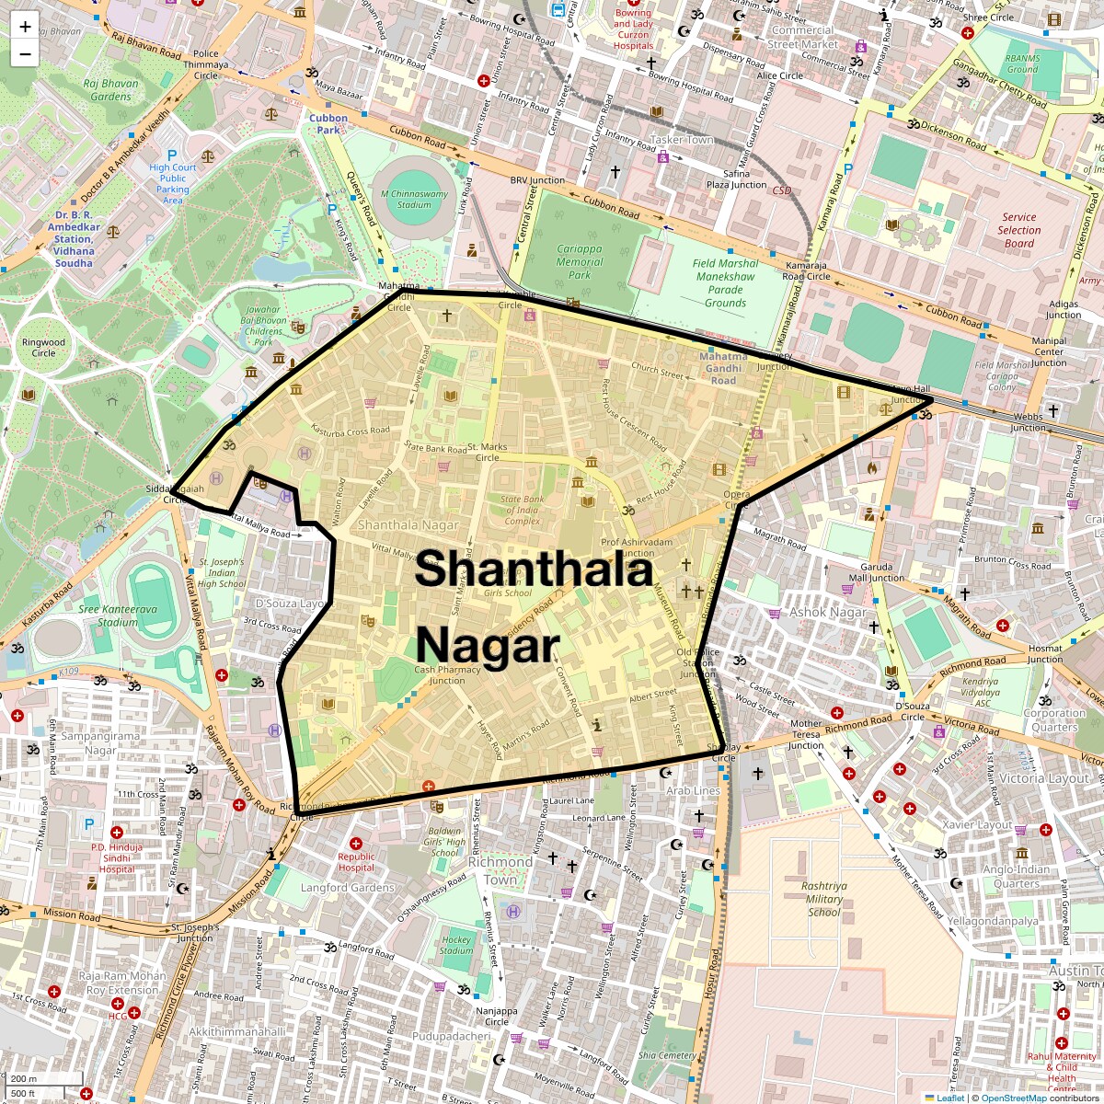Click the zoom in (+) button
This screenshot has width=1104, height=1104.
(x=25, y=27)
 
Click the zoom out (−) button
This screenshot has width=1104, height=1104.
(x=25, y=53)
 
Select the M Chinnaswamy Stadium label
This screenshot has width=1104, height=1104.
(x=414, y=200)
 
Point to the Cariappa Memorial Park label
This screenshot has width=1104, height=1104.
(x=580, y=261)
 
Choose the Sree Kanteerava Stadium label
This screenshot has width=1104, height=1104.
(x=118, y=615)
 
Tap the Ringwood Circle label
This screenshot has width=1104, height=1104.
(x=43, y=348)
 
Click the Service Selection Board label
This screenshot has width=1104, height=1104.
(x=1019, y=230)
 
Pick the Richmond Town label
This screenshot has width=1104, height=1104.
(x=500, y=870)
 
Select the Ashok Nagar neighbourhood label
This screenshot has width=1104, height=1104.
(x=827, y=612)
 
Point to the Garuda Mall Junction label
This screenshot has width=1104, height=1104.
(x=877, y=572)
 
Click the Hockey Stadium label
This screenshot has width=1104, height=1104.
(x=456, y=945)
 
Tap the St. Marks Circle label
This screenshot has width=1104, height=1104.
(x=488, y=452)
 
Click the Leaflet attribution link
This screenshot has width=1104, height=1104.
(x=950, y=1098)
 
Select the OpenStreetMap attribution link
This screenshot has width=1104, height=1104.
(x=1014, y=1098)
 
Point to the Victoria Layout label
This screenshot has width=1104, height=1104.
(x=1043, y=778)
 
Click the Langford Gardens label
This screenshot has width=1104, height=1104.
(x=348, y=888)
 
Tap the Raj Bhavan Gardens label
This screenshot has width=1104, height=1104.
(x=110, y=89)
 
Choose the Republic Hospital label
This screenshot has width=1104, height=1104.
(x=356, y=862)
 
